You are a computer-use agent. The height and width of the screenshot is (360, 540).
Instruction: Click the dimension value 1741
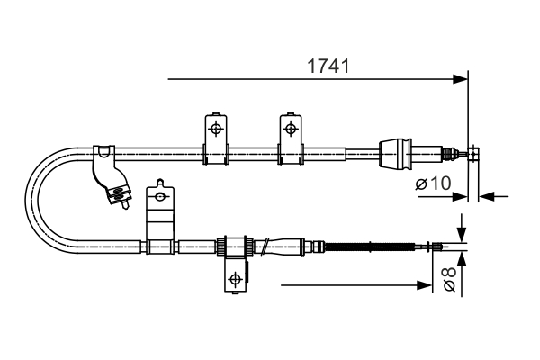click(328, 66)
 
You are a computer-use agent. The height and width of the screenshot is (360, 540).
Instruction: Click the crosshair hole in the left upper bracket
click(215, 128)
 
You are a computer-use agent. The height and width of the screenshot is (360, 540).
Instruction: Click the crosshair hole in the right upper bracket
click(290, 128)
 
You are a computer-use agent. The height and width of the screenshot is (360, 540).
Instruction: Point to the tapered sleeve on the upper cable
click(397, 153)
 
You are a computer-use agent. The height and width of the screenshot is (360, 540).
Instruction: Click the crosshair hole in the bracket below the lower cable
click(235, 278)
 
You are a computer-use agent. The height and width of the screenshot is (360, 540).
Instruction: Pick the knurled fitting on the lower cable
click(232, 246)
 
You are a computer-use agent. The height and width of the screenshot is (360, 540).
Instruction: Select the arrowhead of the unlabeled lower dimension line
click(426, 285)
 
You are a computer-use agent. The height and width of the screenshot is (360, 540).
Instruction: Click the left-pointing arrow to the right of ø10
click(487, 195)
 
